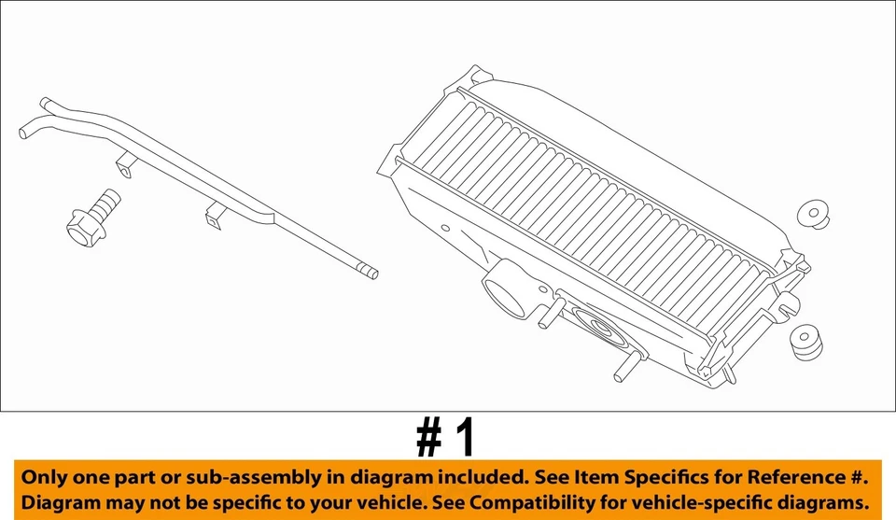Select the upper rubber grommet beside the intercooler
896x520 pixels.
pos(816,214)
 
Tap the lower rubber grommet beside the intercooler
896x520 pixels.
pos(805,341)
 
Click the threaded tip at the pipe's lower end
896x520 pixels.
pos(371,274)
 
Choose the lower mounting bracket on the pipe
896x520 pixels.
pos(214,218)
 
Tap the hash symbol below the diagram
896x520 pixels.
pos(428,437)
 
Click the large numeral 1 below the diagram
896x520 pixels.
pos(464,437)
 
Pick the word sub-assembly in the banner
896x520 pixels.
pos(267,477)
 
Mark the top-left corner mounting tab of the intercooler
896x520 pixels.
pos(476,75)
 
